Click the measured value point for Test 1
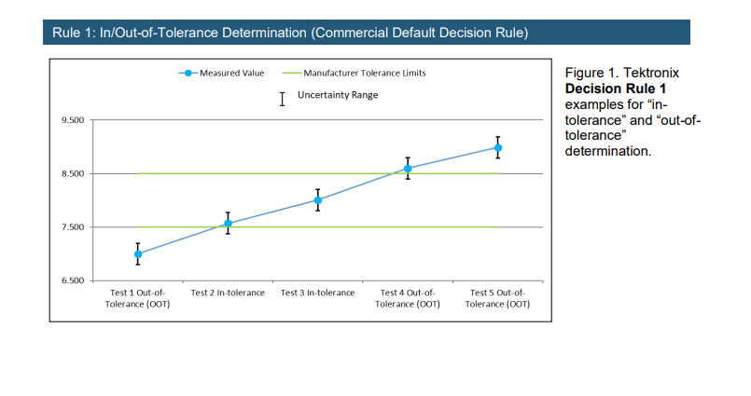138,254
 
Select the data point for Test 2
228,224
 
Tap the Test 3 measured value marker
317,200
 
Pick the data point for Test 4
408,169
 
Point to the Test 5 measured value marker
498,148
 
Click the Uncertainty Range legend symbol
282,98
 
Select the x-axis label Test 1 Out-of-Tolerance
138,298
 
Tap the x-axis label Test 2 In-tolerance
228,293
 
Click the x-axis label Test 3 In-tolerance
317,293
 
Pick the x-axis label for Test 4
408,298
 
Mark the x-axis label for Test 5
498,298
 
